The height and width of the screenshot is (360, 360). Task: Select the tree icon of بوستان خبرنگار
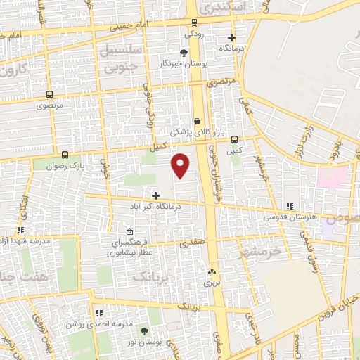point(184,52)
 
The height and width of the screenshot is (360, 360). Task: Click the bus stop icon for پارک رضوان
point(65,155)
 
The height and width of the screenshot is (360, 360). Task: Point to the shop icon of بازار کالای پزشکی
point(197,121)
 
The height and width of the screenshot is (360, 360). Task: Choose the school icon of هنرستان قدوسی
point(289,206)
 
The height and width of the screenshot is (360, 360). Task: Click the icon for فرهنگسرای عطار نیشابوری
point(129,231)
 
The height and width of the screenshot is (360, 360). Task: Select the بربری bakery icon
point(212,271)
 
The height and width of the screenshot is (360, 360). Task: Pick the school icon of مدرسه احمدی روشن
point(98,312)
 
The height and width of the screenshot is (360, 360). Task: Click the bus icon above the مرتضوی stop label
point(49,94)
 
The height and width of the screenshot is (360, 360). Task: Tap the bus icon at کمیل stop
point(234,139)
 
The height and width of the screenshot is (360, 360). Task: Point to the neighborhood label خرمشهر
point(261,252)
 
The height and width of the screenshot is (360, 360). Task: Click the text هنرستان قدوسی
point(290,217)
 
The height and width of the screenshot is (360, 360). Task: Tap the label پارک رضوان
point(89,167)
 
